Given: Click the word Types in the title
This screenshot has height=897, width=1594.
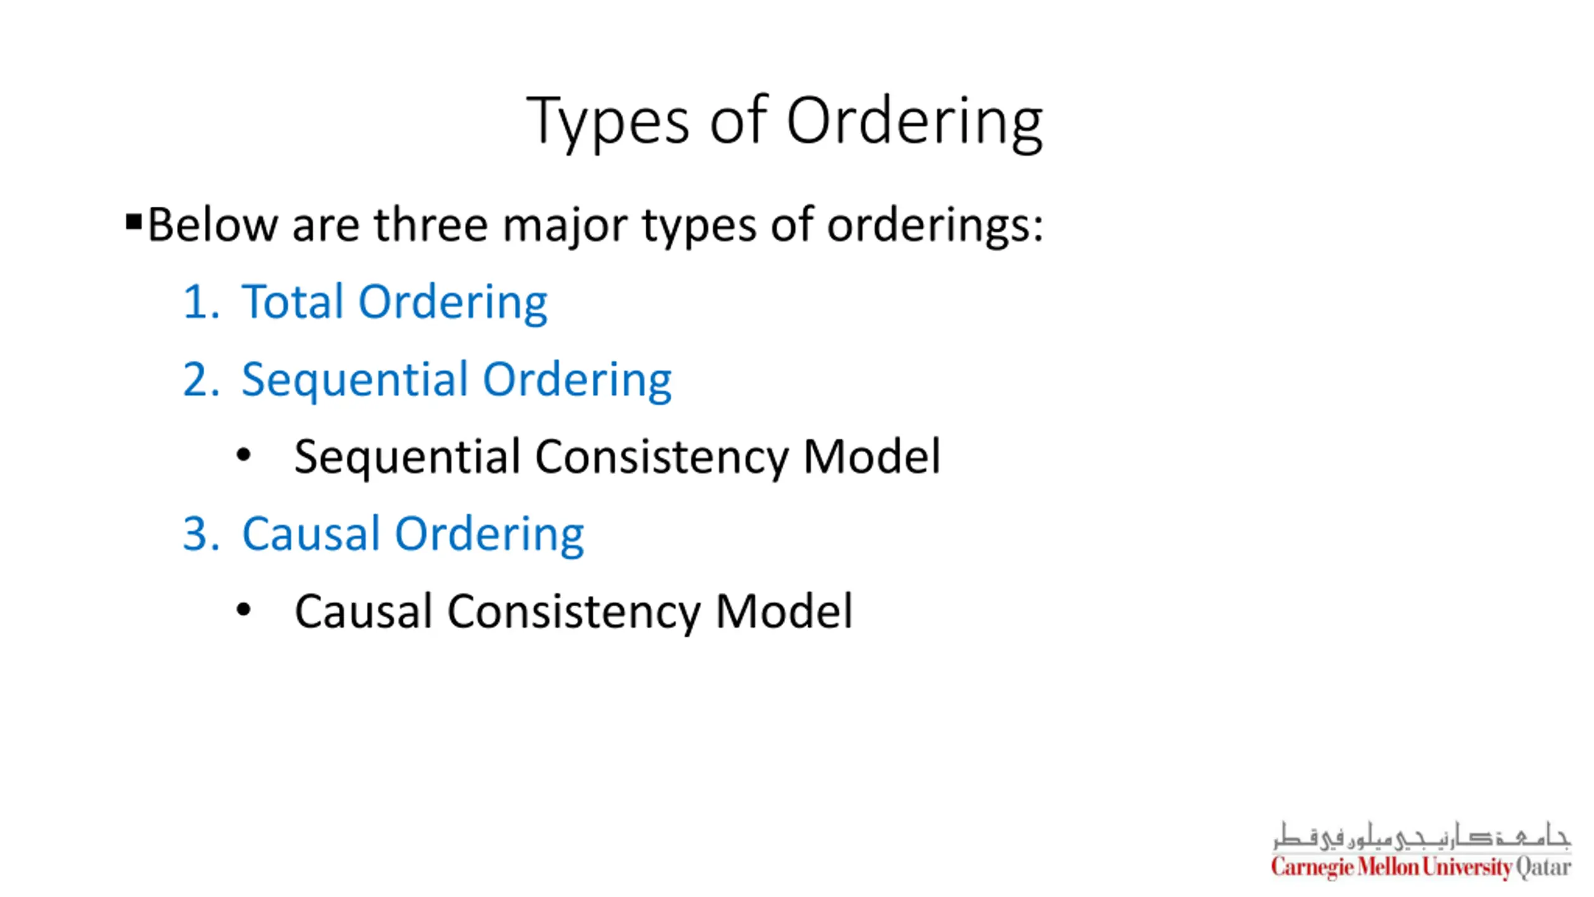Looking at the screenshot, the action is click(x=608, y=121).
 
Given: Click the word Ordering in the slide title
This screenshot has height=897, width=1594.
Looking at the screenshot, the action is click(x=914, y=121).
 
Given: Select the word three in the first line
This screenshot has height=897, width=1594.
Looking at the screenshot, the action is click(x=431, y=225).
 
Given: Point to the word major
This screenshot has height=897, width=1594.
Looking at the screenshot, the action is click(x=565, y=226).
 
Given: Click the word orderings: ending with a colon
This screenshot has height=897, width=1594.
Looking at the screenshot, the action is click(x=935, y=226).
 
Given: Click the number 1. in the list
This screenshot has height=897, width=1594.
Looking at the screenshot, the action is click(x=201, y=302).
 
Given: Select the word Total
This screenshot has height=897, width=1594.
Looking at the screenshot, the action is click(x=292, y=302).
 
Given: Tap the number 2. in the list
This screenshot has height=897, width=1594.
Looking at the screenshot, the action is click(x=201, y=379).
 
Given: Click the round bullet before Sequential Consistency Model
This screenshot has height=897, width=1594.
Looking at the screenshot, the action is click(x=243, y=455).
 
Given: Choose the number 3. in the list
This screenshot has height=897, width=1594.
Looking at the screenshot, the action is click(x=201, y=534).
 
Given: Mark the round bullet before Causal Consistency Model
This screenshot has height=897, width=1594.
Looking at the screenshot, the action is click(x=243, y=610).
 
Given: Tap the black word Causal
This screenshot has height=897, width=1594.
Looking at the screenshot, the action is click(x=363, y=611).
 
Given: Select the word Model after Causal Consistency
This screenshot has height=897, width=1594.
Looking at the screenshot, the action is click(x=784, y=611).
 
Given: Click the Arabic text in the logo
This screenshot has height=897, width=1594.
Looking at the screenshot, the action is click(x=1421, y=836).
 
